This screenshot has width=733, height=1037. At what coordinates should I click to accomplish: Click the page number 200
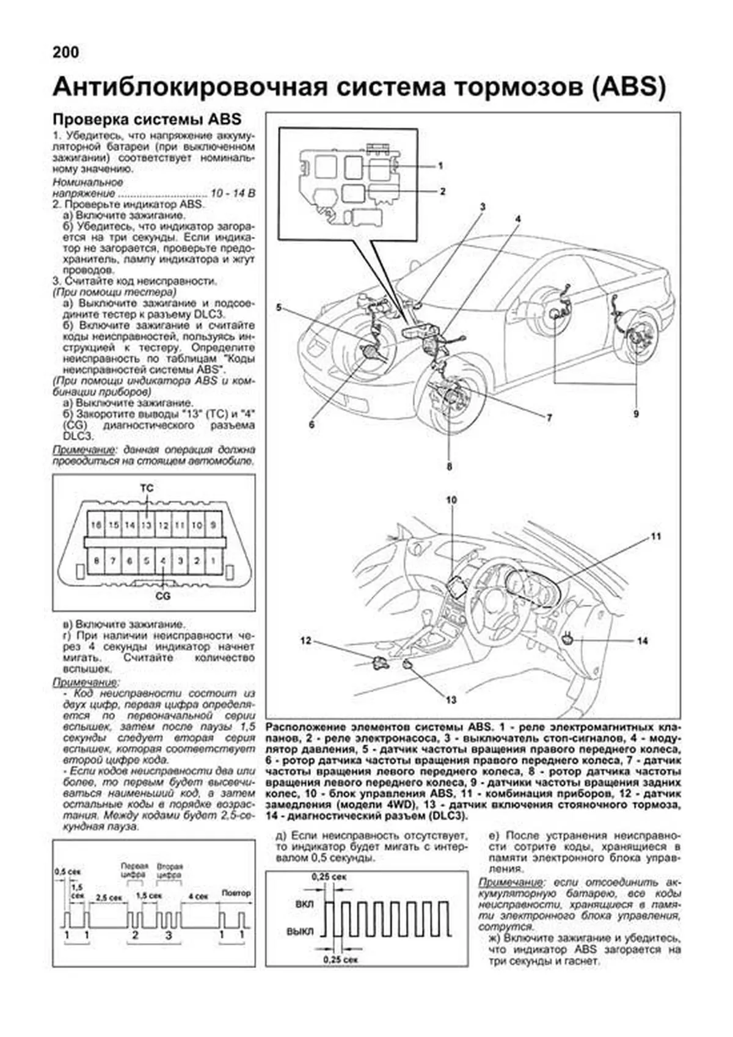66,53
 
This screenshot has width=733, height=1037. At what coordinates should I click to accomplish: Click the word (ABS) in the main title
627,87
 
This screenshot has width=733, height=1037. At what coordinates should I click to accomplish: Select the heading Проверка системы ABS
147,119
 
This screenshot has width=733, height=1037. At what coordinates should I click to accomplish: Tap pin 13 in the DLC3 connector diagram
147,525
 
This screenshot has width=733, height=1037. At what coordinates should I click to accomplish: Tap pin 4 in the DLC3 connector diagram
163,560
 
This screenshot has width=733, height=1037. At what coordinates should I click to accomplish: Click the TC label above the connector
147,488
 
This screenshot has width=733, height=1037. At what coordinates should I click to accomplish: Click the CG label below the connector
163,595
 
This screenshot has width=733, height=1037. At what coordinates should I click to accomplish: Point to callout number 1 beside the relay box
440,166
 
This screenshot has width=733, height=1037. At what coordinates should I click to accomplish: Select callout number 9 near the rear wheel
636,414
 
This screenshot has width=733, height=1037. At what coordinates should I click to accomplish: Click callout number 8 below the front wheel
449,467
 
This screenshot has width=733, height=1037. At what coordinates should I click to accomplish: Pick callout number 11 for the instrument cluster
655,537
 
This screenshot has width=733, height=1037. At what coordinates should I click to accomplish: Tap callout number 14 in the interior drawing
642,641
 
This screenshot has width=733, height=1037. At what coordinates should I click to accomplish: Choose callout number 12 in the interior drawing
306,640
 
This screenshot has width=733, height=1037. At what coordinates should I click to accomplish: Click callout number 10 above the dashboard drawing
451,500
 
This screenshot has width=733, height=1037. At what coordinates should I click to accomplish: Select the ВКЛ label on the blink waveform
304,904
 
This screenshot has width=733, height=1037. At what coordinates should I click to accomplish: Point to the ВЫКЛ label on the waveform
300,931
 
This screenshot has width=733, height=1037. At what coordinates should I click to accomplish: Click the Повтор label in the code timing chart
236,893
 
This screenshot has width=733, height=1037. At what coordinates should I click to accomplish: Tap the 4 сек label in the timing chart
198,896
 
